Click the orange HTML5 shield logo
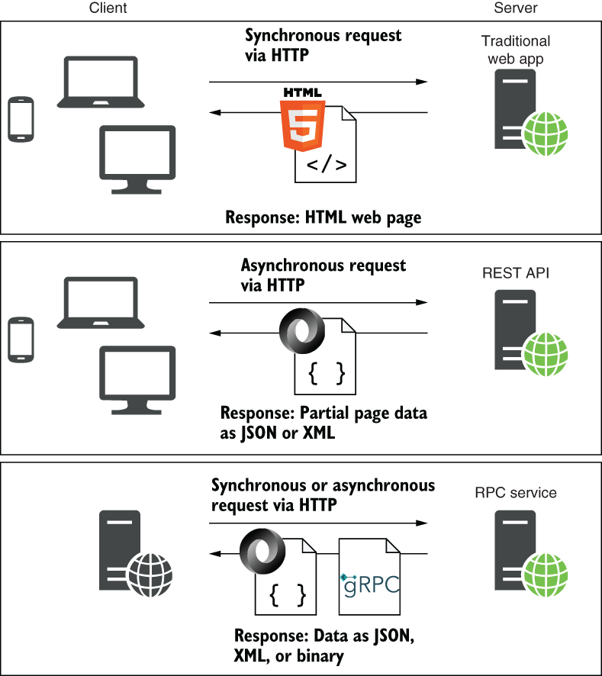[302, 125]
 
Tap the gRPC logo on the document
[370, 585]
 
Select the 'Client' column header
[108, 8]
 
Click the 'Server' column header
[515, 8]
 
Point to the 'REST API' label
[515, 273]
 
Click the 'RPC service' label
[515, 492]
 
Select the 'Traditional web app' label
[515, 50]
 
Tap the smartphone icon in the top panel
[21, 119]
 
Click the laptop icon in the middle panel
[101, 303]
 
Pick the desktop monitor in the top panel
[137, 159]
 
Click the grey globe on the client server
[150, 575]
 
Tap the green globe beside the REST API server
[545, 354]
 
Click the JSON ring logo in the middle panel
[302, 331]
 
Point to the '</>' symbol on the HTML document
[327, 165]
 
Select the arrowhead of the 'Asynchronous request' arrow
[421, 302]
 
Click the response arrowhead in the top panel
[215, 112]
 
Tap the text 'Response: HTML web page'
[324, 217]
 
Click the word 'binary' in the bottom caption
[320, 655]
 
